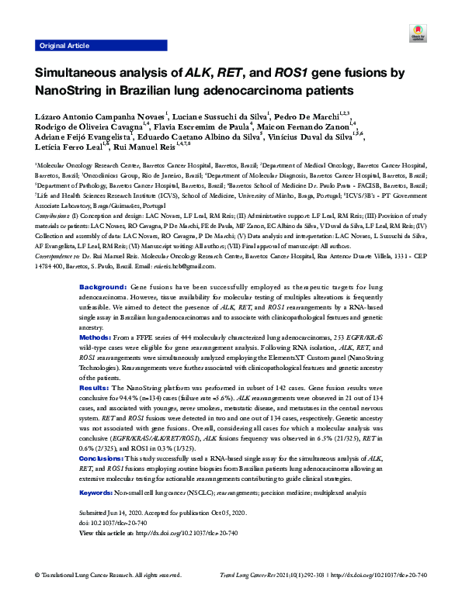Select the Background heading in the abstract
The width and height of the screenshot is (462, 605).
[104, 264]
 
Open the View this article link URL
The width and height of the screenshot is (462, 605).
[186, 534]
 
